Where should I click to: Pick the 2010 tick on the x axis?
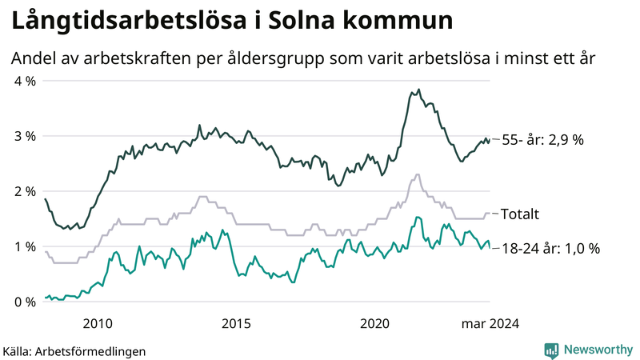(x=97, y=323)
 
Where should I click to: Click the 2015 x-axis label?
(x=237, y=323)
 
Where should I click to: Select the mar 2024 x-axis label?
(x=490, y=323)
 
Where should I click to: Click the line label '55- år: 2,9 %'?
(x=542, y=140)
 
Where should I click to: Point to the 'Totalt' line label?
(x=520, y=214)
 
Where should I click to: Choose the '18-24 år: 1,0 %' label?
(x=550, y=249)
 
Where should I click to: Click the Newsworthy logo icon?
(x=551, y=350)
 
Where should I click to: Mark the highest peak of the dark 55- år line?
(x=418, y=90)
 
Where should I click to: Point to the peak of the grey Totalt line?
(x=418, y=174)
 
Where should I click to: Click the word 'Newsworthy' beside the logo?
(x=598, y=350)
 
